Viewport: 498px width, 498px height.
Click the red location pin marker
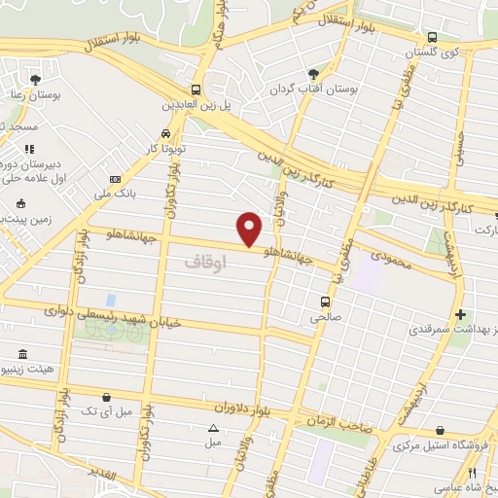coord(250,229)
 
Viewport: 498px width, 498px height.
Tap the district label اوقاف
coord(204,263)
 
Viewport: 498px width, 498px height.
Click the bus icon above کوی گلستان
coord(432,40)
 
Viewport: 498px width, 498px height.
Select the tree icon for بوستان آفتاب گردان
coord(313,74)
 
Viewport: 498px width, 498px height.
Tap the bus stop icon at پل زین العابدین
coord(196,90)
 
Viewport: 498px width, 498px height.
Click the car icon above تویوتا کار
coord(166,133)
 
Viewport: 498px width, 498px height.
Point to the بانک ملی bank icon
coord(116,180)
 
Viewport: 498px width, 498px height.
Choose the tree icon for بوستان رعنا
coord(36,79)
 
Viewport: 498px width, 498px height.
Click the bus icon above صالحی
coord(325,301)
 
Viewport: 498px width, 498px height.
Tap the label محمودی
coord(393,255)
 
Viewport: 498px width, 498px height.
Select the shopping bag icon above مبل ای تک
coord(106,396)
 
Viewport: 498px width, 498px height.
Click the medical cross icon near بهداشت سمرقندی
coord(461,315)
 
